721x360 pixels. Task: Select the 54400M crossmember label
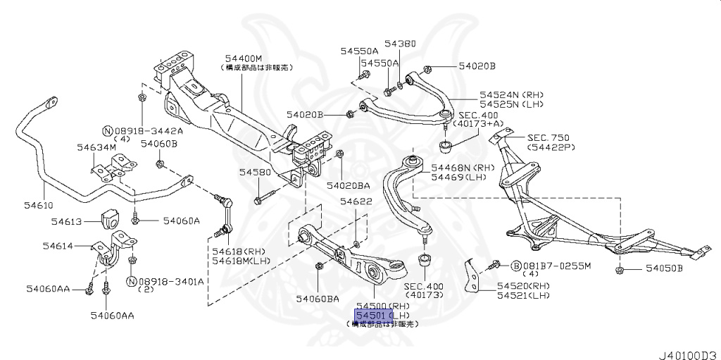[244, 58]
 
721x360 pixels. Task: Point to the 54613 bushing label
[68, 221]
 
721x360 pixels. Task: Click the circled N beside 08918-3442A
[107, 131]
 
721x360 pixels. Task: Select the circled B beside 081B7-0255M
[515, 266]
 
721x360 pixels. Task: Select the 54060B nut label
[158, 144]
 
